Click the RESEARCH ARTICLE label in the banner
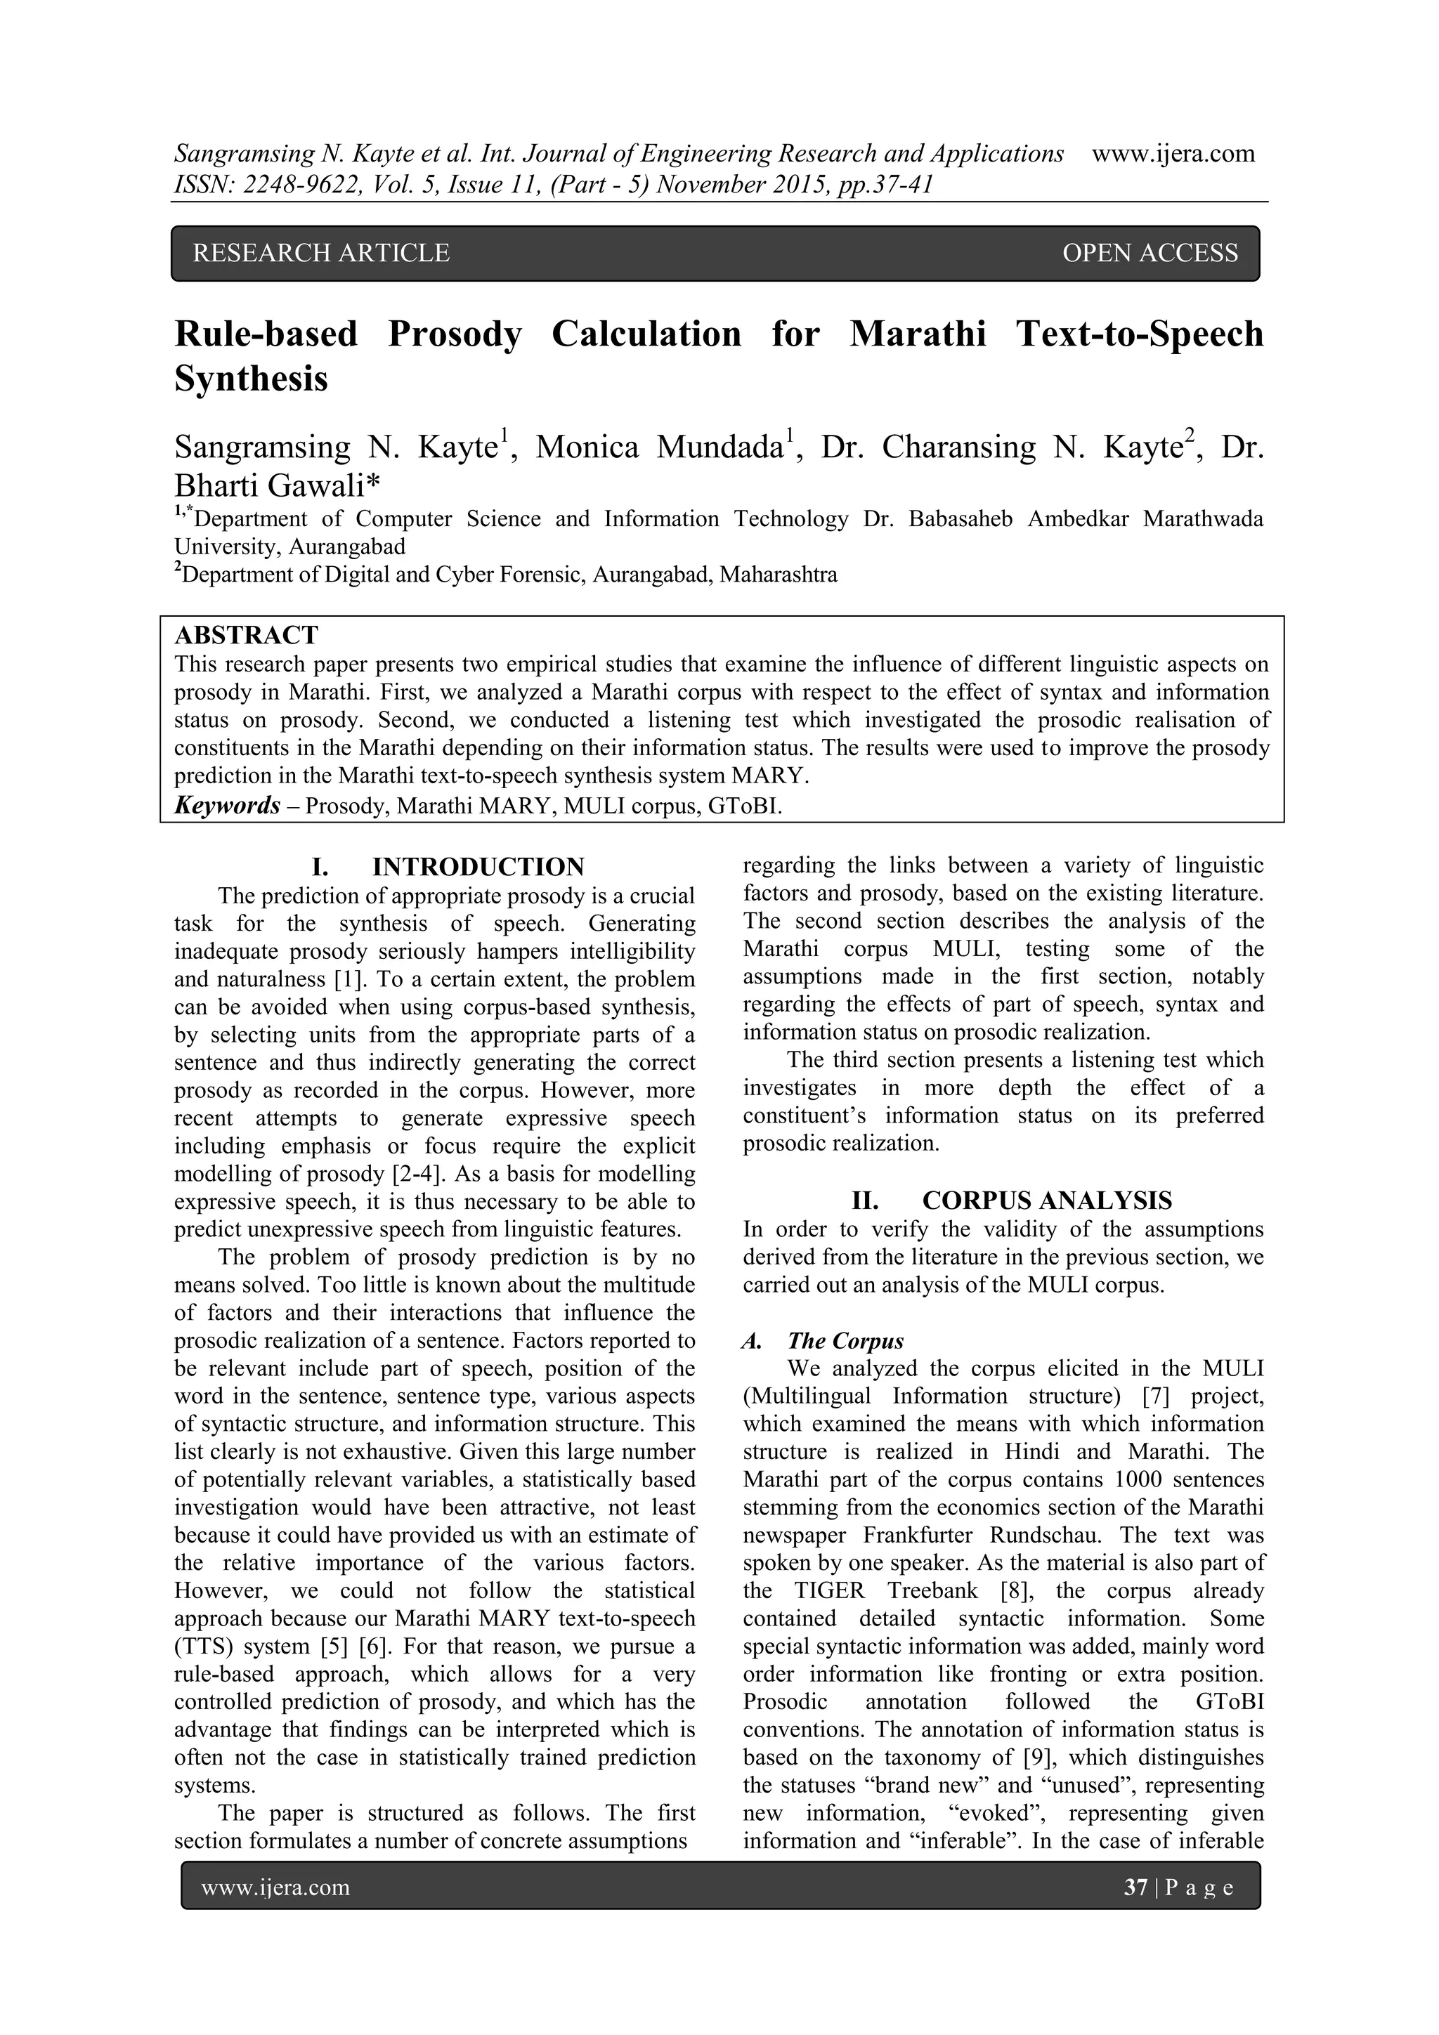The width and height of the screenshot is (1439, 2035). click(321, 254)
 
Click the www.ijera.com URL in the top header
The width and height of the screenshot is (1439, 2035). click(1173, 153)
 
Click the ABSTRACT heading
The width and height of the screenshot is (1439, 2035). click(246, 634)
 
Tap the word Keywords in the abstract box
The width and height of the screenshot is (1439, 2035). click(228, 806)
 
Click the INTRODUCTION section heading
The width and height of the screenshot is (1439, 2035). click(478, 867)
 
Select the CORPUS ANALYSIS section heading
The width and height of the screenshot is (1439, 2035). click(1046, 1201)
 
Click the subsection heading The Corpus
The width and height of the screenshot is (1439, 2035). click(845, 1341)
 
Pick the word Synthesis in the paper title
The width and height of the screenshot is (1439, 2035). click(251, 379)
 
